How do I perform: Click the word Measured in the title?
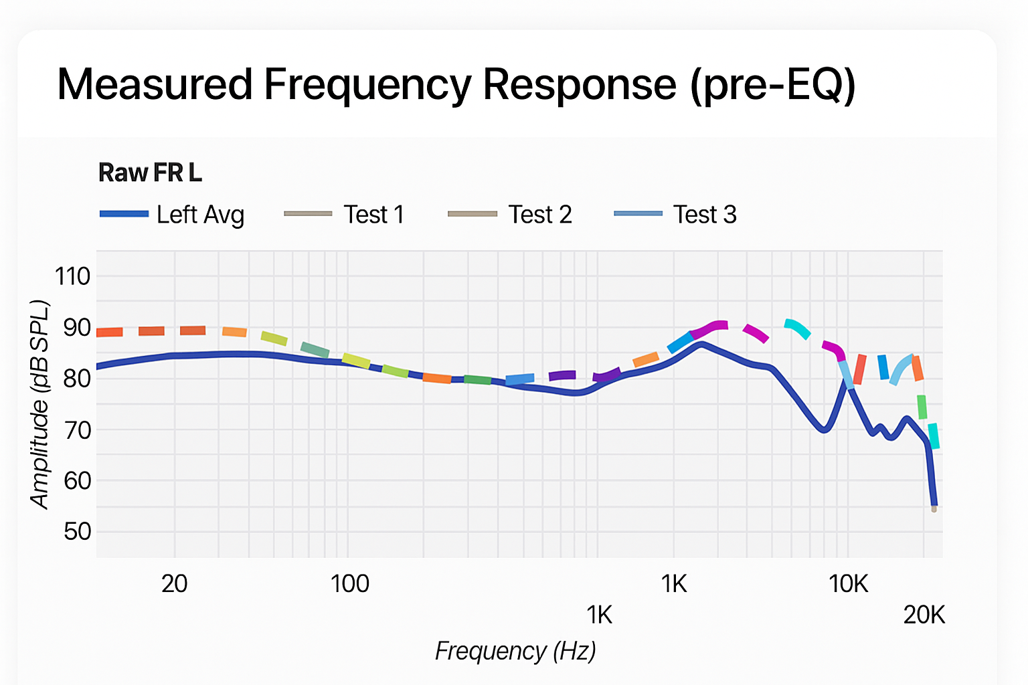pyautogui.click(x=155, y=85)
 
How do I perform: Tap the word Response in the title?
pyautogui.click(x=579, y=85)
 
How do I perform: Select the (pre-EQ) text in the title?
pyautogui.click(x=773, y=86)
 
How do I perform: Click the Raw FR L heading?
pyautogui.click(x=150, y=173)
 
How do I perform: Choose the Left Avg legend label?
pyautogui.click(x=200, y=215)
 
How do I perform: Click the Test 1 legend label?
pyautogui.click(x=373, y=215)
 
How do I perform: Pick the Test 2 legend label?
pyautogui.click(x=539, y=215)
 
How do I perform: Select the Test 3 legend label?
pyautogui.click(x=704, y=215)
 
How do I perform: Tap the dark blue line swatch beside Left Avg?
pyautogui.click(x=124, y=214)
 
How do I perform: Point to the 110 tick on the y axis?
pyautogui.click(x=72, y=276)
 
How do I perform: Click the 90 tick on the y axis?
pyautogui.click(x=76, y=328)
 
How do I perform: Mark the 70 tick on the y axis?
pyautogui.click(x=76, y=430)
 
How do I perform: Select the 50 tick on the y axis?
pyautogui.click(x=76, y=532)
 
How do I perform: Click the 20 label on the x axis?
pyautogui.click(x=174, y=584)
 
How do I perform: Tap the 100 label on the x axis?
pyautogui.click(x=349, y=584)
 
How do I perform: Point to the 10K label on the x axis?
pyautogui.click(x=848, y=584)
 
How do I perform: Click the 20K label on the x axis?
pyautogui.click(x=924, y=615)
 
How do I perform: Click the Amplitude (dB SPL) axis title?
pyautogui.click(x=40, y=405)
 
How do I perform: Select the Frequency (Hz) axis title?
pyautogui.click(x=515, y=651)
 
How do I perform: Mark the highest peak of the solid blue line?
pyautogui.click(x=701, y=344)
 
